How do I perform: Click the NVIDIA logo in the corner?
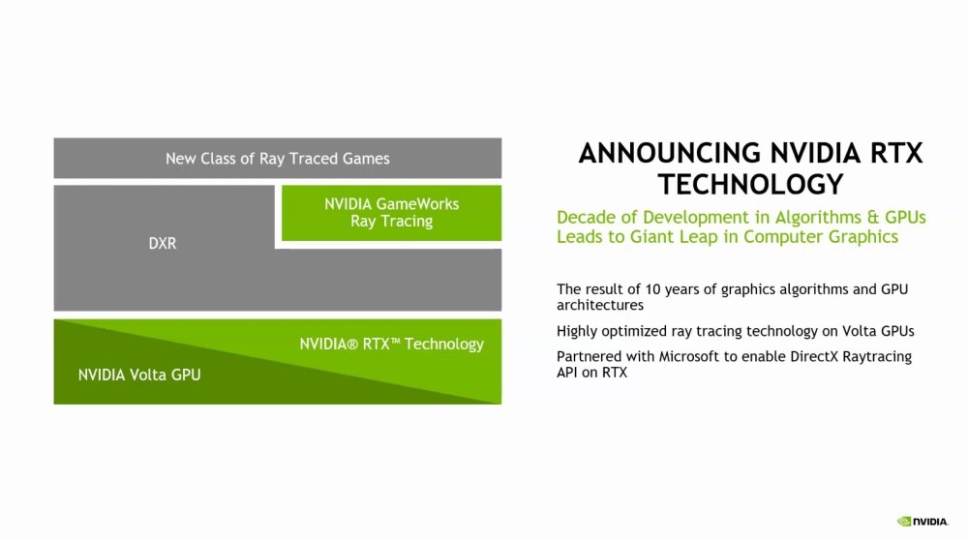click(x=923, y=522)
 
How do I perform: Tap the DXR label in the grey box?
click(x=163, y=243)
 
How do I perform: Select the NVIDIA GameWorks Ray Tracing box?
click(x=391, y=213)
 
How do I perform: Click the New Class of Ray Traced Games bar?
click(x=277, y=158)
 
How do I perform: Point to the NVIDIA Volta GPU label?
click(x=139, y=375)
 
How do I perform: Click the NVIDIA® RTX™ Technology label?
click(x=391, y=344)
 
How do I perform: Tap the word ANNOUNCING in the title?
click(x=669, y=153)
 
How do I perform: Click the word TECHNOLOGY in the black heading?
click(x=751, y=184)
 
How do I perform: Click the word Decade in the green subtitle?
click(x=584, y=217)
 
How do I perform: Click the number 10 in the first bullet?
click(x=652, y=288)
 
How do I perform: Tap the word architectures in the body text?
click(x=600, y=305)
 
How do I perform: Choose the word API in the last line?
click(x=566, y=372)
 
